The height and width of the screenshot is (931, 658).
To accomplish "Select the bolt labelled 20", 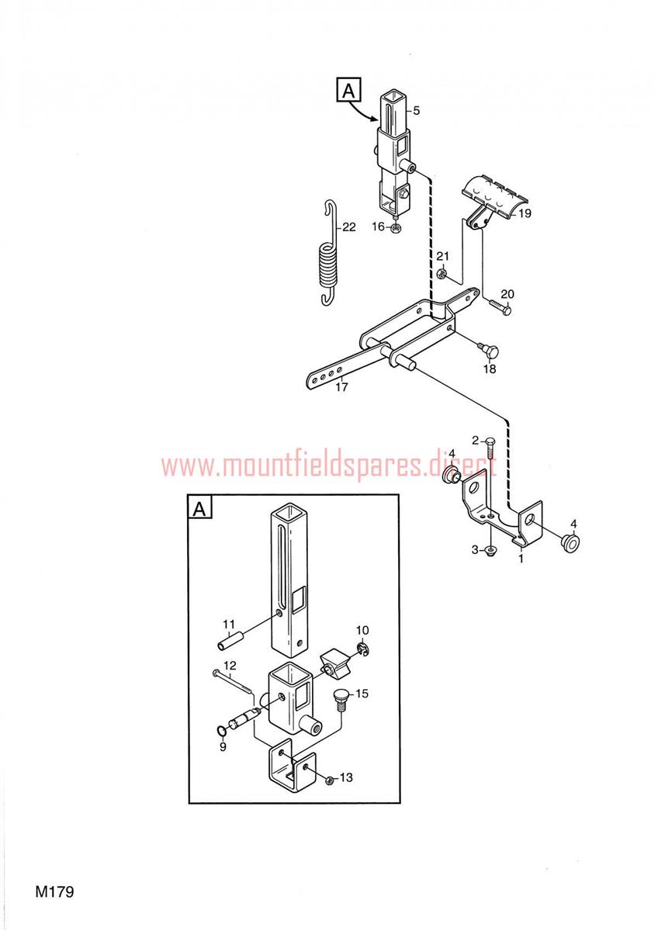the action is click(499, 306).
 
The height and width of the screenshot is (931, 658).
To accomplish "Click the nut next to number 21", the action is click(442, 273).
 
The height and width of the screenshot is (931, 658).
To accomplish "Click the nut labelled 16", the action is click(395, 227).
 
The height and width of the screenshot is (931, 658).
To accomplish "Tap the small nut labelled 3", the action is click(491, 552).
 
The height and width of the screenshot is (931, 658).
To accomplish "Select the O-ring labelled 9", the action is click(223, 730).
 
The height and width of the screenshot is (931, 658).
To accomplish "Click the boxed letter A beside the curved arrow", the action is click(348, 90).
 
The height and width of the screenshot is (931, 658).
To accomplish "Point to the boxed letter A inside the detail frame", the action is click(199, 507).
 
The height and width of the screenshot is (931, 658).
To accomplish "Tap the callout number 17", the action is click(341, 387).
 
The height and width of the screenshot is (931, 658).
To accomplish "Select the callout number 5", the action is click(416, 110).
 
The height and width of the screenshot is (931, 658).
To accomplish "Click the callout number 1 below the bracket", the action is click(521, 559).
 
